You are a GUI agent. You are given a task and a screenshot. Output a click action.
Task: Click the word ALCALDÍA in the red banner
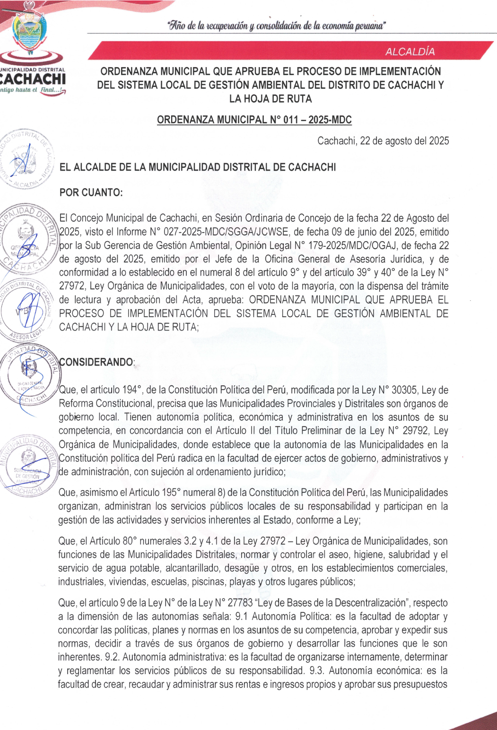coord(410,52)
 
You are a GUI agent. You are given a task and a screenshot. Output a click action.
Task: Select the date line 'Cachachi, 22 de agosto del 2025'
coord(383,141)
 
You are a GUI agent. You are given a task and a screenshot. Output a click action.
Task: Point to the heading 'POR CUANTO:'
coord(91,192)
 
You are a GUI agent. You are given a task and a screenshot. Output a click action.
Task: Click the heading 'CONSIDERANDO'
coord(96,362)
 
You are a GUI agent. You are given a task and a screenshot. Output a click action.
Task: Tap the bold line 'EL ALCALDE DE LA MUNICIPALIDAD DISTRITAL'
coord(198,167)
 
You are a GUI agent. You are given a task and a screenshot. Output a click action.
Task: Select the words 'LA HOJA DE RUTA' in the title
coord(270,99)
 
